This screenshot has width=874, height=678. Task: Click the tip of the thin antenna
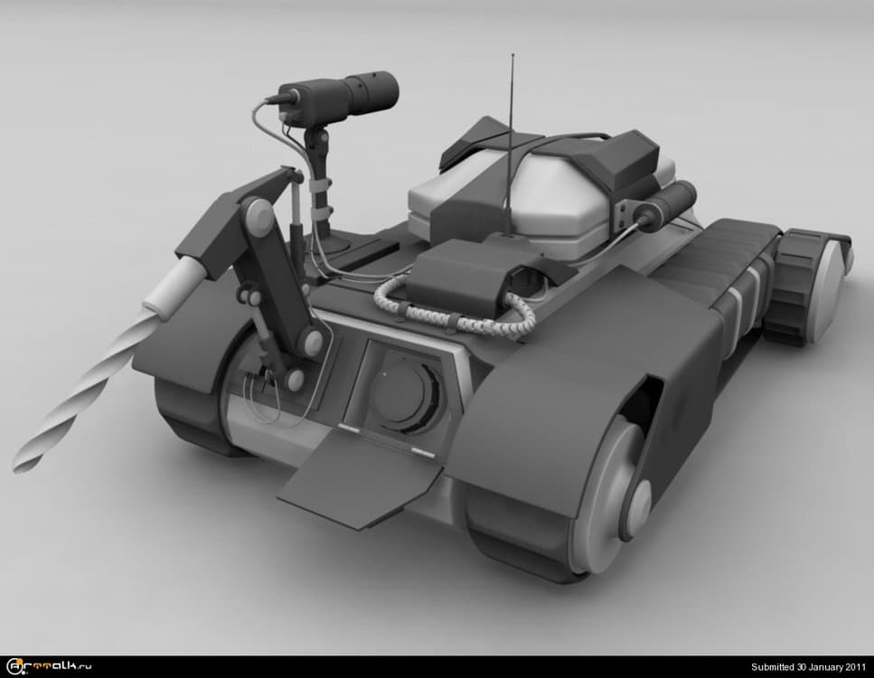click(x=512, y=55)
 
